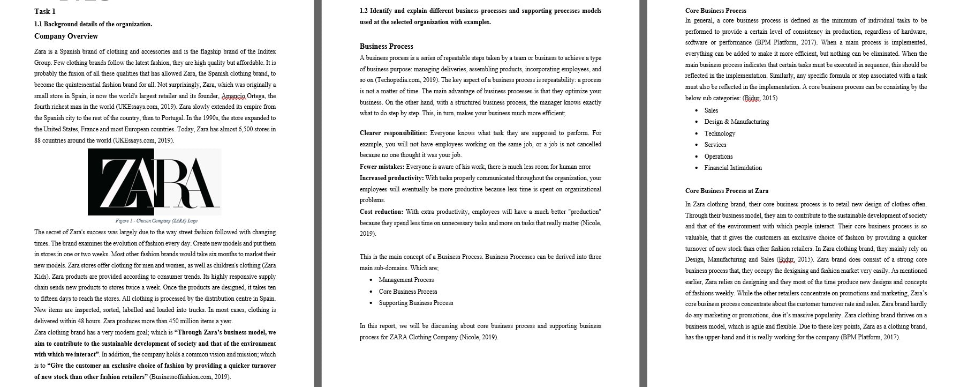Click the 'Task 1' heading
coord(45,11)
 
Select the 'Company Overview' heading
coord(66,36)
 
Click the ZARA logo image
coord(154,182)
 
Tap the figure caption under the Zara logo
coord(156,221)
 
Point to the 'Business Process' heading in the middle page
coord(386,46)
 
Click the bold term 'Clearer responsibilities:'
coord(393,133)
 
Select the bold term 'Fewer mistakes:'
coord(382,167)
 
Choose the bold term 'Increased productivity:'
coord(391,178)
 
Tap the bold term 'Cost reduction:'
coord(381,212)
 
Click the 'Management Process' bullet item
coord(406,280)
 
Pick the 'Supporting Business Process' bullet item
coord(415,303)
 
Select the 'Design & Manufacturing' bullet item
coord(736,122)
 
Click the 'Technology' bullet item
coord(720,133)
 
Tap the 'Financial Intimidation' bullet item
coord(732,168)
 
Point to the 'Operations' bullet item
coord(718,157)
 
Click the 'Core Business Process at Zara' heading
coord(727,191)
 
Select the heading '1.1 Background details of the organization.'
coord(93,24)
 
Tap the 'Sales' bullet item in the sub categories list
coord(711,110)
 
